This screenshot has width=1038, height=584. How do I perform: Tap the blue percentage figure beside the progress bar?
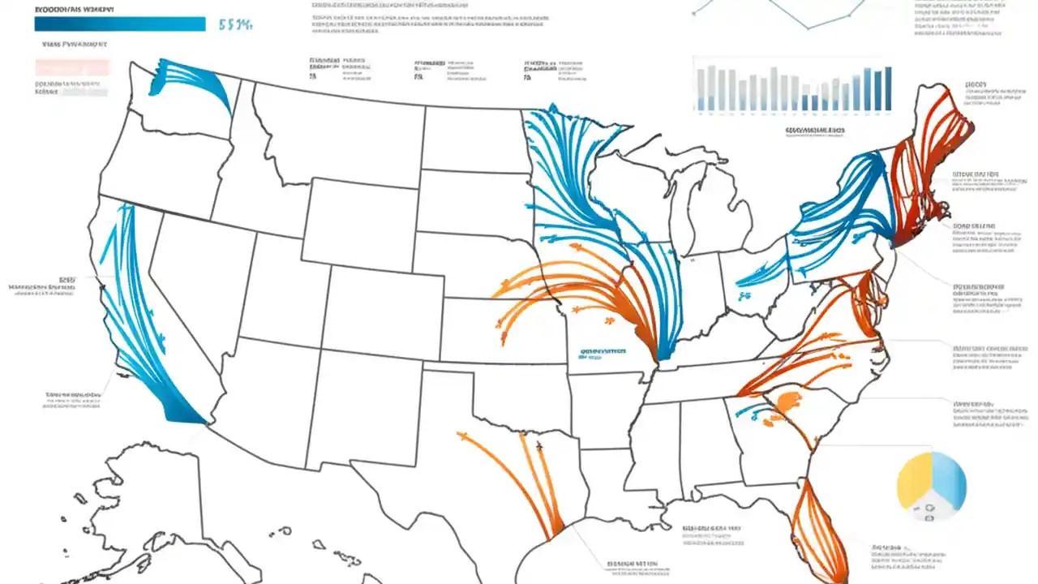(x=236, y=25)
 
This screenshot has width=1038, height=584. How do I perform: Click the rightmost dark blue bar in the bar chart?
(x=887, y=88)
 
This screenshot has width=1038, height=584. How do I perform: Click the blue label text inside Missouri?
(x=603, y=353)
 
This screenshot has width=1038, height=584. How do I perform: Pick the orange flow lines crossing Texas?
(x=519, y=479)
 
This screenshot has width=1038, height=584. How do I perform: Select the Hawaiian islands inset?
(x=341, y=560)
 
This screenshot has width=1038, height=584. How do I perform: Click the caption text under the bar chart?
(x=814, y=130)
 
